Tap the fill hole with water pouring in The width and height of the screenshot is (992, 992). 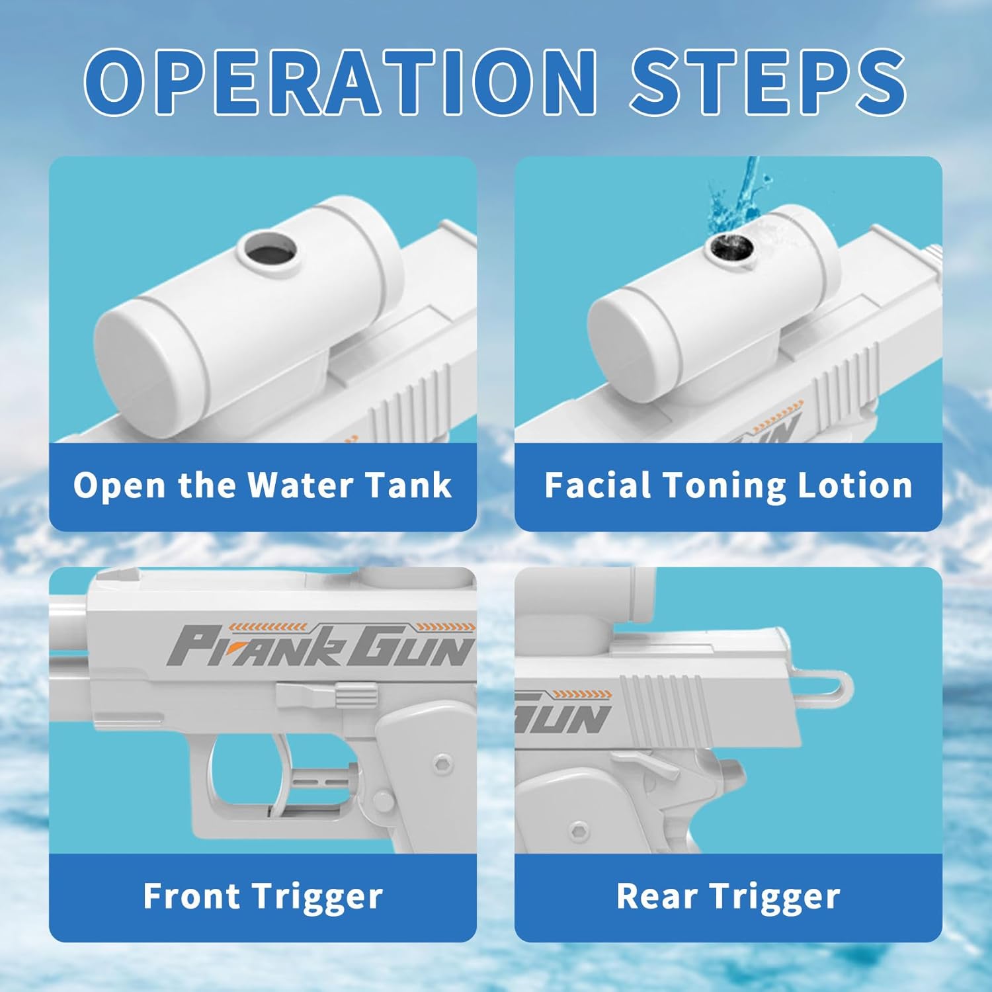729,250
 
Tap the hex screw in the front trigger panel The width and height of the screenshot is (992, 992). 440,763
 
